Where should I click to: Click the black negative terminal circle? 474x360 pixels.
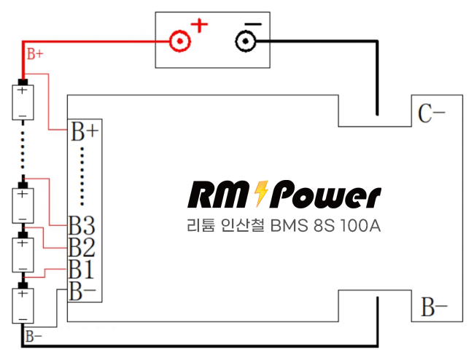pos(246,41)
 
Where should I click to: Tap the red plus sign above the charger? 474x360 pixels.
pos(199,26)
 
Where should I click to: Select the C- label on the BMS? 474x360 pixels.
pos(432,114)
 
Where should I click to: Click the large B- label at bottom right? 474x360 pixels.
pos(435,308)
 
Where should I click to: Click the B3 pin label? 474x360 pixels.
pos(82,224)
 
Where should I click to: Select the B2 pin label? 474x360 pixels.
pos(82,247)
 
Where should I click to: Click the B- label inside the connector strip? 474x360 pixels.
pos(82,291)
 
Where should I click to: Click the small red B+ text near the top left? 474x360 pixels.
pos(35,54)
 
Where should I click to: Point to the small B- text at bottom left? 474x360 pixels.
pos(34,336)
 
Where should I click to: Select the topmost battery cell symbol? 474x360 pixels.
pos(23,101)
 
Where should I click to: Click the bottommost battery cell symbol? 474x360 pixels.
pos(23,305)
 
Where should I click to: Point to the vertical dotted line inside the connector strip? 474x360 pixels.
pos(82,176)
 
